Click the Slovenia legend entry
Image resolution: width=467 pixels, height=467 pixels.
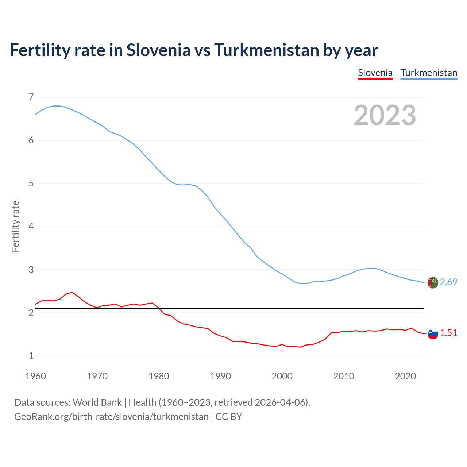(375, 73)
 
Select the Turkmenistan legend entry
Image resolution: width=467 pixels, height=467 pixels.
(429, 73)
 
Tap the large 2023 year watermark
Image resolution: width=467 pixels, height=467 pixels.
(385, 115)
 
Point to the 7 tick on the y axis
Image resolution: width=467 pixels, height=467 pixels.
(31, 97)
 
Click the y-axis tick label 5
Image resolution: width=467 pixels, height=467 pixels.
(31, 183)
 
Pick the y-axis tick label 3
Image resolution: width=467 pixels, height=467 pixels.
(31, 270)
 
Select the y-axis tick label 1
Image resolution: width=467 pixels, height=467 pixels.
(31, 356)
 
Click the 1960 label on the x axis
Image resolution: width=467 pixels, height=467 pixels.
(35, 376)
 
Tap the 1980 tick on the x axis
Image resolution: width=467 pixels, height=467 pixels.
(159, 376)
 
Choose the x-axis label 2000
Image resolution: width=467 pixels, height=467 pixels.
(282, 376)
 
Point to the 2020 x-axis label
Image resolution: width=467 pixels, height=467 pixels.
(405, 376)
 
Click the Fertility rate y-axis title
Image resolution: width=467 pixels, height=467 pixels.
(15, 226)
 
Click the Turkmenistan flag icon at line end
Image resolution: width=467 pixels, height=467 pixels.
(433, 282)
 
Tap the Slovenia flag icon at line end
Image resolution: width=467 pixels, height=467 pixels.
(433, 333)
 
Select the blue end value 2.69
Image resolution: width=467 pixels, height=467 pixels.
(448, 282)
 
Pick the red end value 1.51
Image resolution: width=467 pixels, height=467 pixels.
(448, 333)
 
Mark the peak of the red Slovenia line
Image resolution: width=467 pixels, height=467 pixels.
(72, 292)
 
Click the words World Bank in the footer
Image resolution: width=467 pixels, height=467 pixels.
(97, 402)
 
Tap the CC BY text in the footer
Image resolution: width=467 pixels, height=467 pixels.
(229, 417)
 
